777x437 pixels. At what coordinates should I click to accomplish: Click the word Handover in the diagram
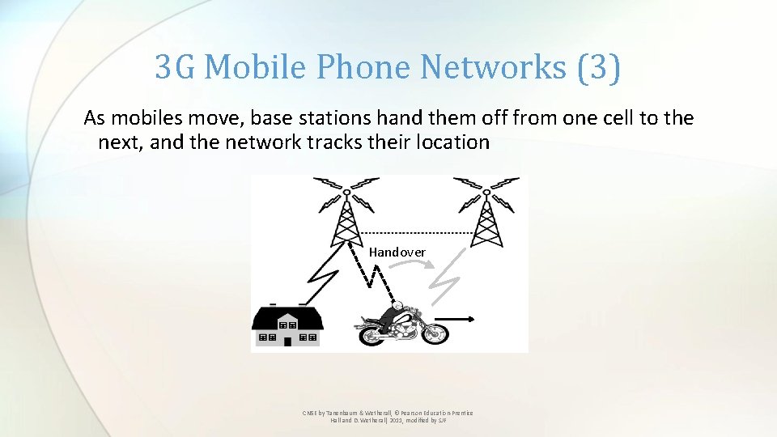click(x=397, y=252)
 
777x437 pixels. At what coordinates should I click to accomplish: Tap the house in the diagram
click(x=288, y=326)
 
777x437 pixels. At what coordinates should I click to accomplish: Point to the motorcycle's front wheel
click(x=433, y=333)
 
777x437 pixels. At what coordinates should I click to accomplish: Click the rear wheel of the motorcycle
click(x=369, y=333)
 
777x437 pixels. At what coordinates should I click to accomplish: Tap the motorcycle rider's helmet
click(x=396, y=305)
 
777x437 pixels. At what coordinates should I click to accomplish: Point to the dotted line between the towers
click(x=415, y=233)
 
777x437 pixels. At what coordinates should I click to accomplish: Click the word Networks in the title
click(x=493, y=68)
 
